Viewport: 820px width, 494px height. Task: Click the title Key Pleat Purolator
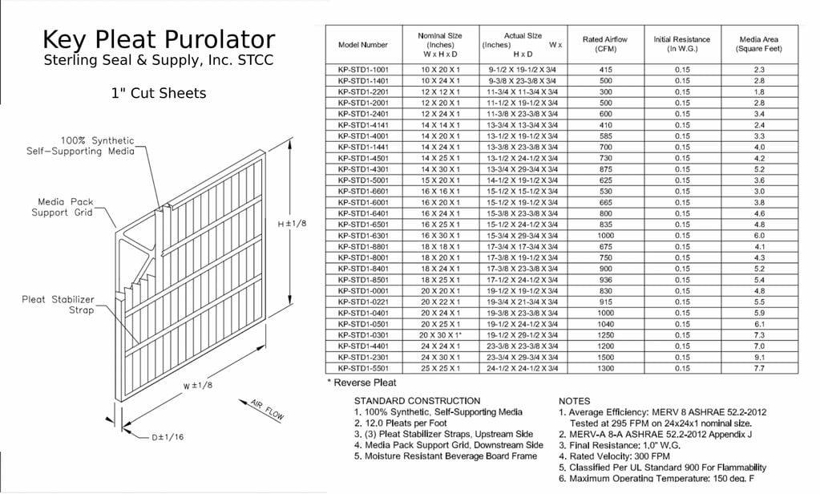pos(158,40)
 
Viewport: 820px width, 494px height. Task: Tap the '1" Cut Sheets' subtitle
pos(158,93)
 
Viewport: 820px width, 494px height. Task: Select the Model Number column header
pos(362,45)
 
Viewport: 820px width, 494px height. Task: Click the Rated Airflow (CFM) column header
pos(605,44)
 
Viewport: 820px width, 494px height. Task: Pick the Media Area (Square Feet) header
pos(758,44)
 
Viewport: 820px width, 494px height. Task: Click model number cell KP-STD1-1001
pos(362,70)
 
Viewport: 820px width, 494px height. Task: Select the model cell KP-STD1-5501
pos(362,368)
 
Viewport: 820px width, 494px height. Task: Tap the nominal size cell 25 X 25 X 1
pos(439,368)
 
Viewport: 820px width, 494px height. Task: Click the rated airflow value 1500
pos(605,357)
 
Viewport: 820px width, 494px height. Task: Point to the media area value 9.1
pos(758,357)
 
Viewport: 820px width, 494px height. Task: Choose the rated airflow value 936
pos(605,280)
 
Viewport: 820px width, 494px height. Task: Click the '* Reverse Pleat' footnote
pos(362,383)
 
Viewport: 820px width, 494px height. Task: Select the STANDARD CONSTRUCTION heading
pos(417,400)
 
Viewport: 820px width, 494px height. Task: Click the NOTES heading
pos(574,400)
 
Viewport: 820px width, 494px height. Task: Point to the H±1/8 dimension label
pos(292,224)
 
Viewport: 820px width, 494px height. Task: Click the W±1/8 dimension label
pos(197,386)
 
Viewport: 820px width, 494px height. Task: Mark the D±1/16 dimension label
pos(167,438)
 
